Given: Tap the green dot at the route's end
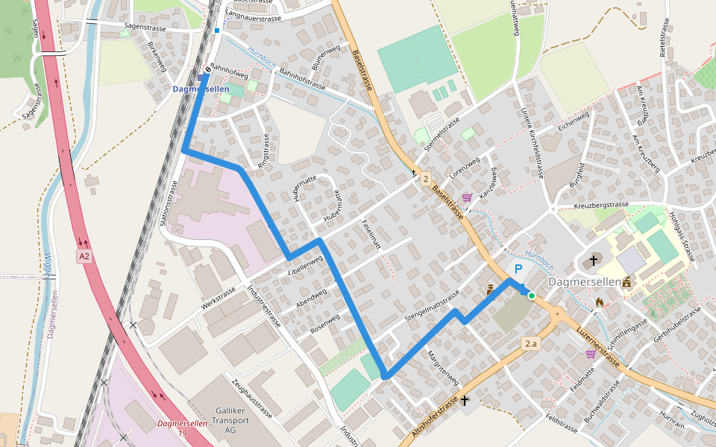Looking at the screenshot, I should pos(532,296).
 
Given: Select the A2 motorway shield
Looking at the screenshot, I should pos(84,256).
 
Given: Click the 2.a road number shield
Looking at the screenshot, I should pos(530,343).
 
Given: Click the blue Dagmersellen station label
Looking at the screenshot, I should pos(201,89).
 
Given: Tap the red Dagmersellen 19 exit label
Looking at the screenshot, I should pos(172,428).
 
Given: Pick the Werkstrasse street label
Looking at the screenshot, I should pos(219,298).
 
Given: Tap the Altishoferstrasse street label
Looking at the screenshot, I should pos(435,416).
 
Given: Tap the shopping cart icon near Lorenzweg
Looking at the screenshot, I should pos(467,197).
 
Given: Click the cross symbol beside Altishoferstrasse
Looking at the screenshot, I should pos(465,401).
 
